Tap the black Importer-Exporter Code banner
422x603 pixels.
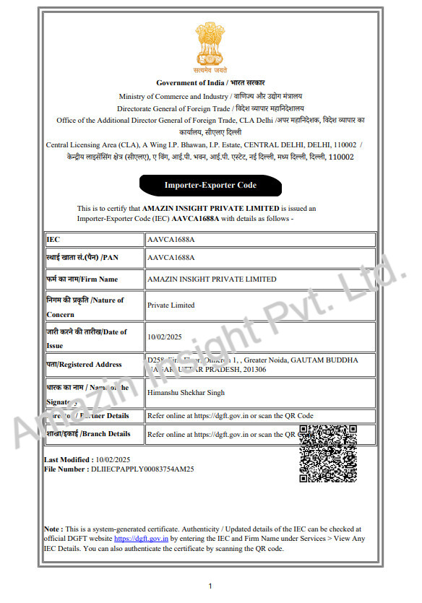point(210,186)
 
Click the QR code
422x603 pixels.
point(327,454)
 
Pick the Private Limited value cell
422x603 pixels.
point(171,305)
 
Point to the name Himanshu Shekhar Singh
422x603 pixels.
point(186,392)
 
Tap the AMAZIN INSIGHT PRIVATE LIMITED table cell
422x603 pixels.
point(211,279)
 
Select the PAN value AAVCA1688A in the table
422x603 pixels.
point(171,257)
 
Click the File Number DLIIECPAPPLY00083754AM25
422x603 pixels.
point(119,469)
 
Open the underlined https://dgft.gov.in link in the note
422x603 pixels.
point(142,539)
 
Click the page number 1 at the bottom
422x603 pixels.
point(210,586)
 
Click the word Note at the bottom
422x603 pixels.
point(52,529)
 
